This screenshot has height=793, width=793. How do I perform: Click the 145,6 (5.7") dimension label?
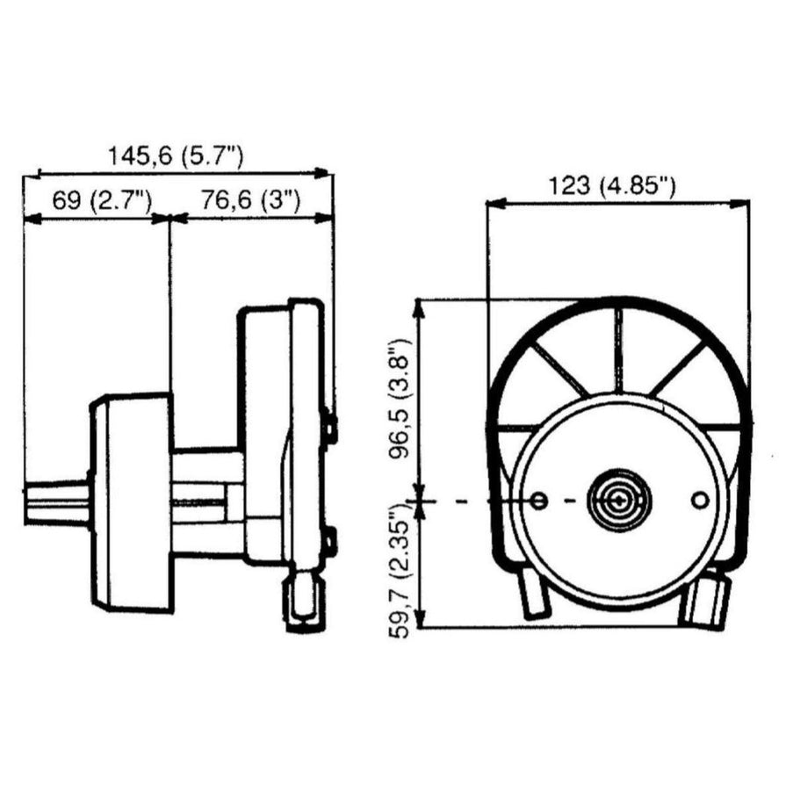click(x=176, y=156)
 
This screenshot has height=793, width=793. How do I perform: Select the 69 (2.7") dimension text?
click(x=102, y=201)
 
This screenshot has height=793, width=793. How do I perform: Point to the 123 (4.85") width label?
click(x=612, y=187)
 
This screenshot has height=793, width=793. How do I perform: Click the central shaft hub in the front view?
click(x=619, y=501)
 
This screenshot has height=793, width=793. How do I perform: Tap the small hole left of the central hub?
click(x=539, y=501)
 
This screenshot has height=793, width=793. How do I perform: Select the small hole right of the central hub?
click(x=700, y=500)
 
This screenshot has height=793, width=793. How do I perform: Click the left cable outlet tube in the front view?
click(x=534, y=594)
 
